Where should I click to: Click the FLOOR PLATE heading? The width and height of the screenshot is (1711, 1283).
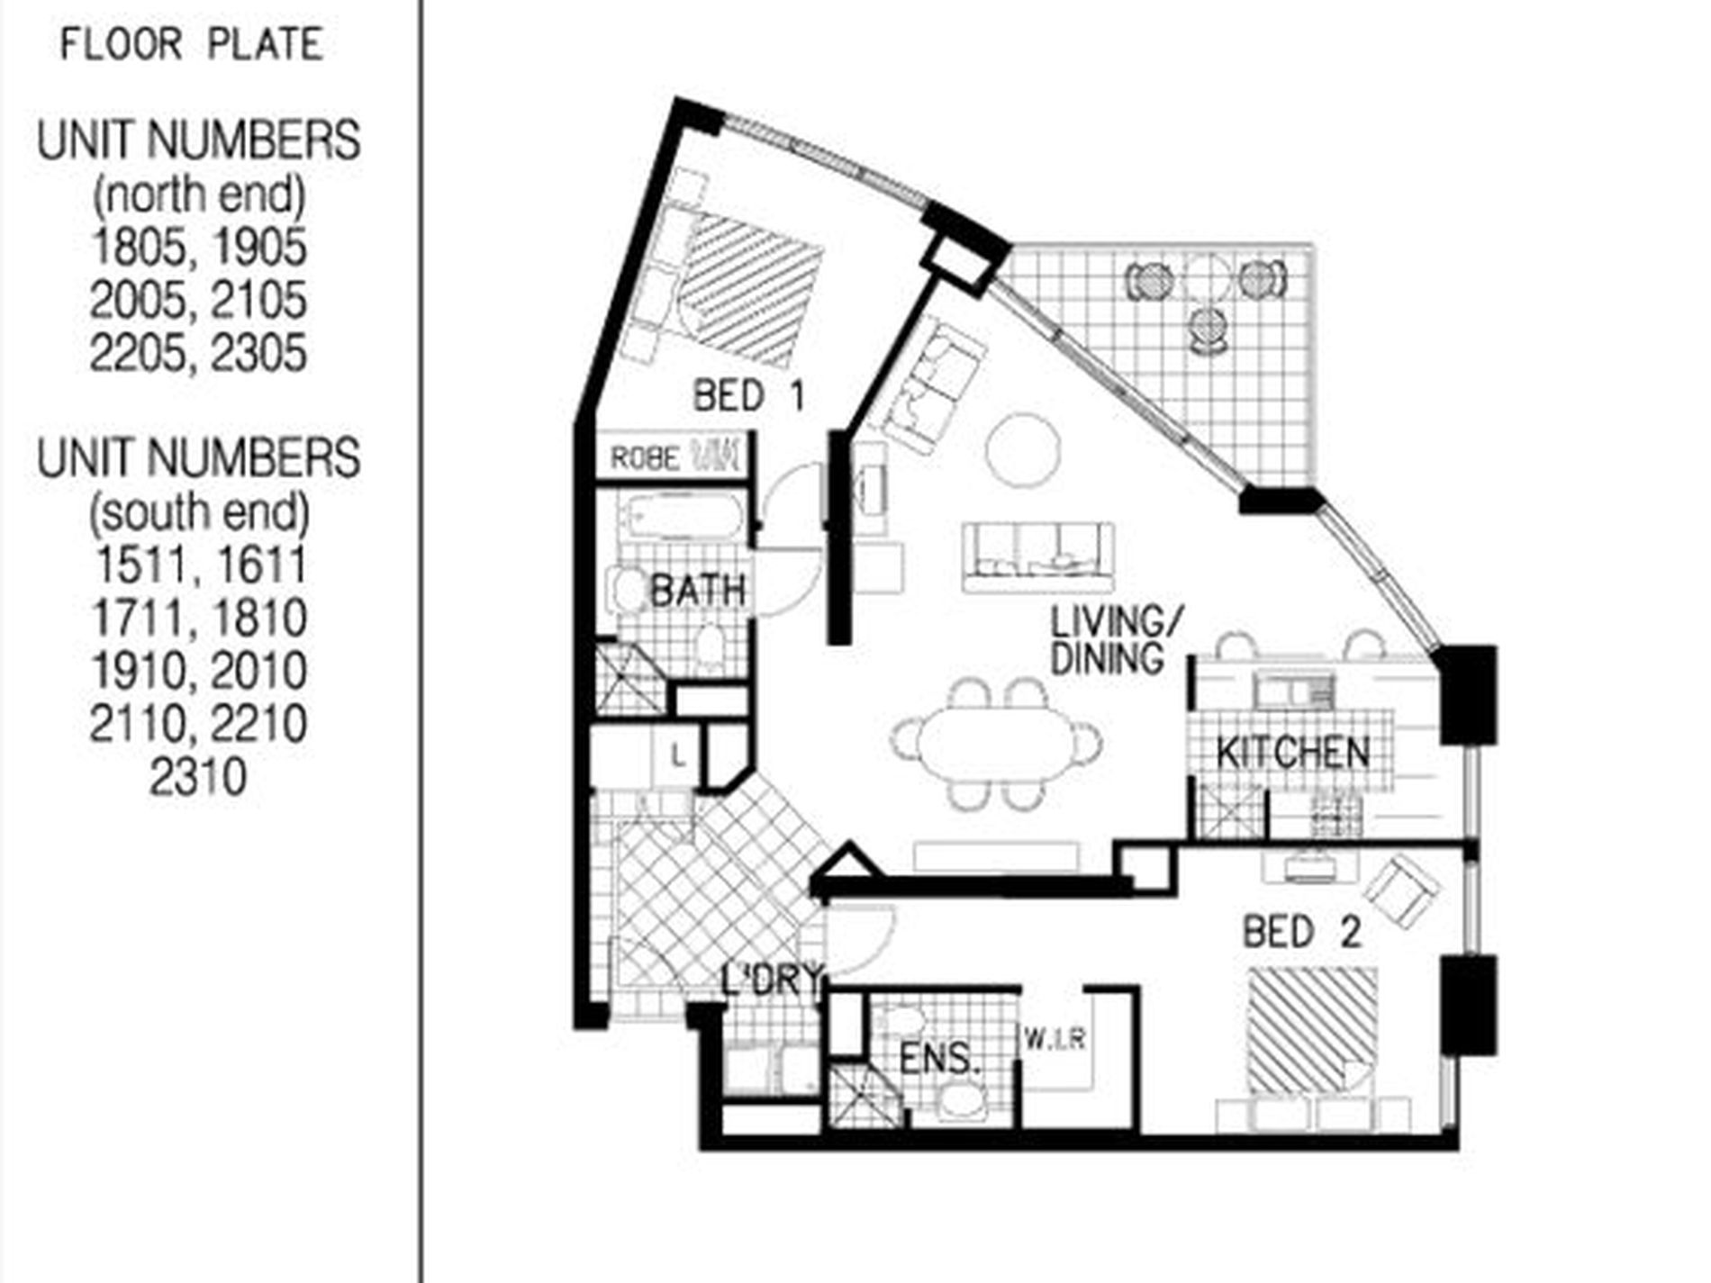191,44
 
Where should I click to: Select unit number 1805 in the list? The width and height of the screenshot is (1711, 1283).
139,248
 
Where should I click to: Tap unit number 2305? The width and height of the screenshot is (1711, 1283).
259,353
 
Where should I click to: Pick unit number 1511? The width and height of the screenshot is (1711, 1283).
140,565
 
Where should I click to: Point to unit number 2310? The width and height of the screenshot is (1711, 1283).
198,777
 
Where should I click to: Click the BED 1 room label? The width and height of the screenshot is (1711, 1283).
749,396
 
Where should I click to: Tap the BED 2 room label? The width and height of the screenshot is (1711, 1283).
1302,932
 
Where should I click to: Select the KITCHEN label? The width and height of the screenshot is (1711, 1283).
1293,753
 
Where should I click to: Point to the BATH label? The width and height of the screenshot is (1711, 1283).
698,591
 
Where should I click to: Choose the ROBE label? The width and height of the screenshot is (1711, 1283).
645,458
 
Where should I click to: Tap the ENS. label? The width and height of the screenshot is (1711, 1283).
939,1059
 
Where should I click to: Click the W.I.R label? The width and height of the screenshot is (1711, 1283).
1055,1041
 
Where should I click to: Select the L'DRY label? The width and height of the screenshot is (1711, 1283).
773,980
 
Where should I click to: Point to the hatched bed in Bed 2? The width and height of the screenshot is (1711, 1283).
1312,1029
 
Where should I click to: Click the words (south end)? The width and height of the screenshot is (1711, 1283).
199,512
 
